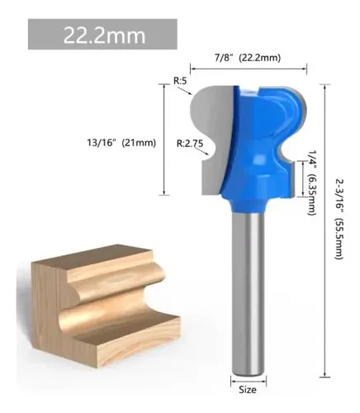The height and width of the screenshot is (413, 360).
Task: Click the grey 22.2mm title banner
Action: (102, 34)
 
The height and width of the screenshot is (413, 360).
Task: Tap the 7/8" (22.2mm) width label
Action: (248, 58)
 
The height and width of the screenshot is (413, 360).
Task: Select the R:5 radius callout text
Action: (180, 81)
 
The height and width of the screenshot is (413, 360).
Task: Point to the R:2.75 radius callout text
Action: (190, 143)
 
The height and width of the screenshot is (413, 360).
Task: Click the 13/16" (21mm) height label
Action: (121, 143)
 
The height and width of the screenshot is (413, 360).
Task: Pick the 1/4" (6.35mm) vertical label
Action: (311, 183)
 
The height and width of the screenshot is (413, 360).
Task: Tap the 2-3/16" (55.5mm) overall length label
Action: (339, 219)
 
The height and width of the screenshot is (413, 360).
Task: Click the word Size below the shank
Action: (248, 390)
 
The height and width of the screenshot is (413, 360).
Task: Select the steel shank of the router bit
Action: (249, 292)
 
